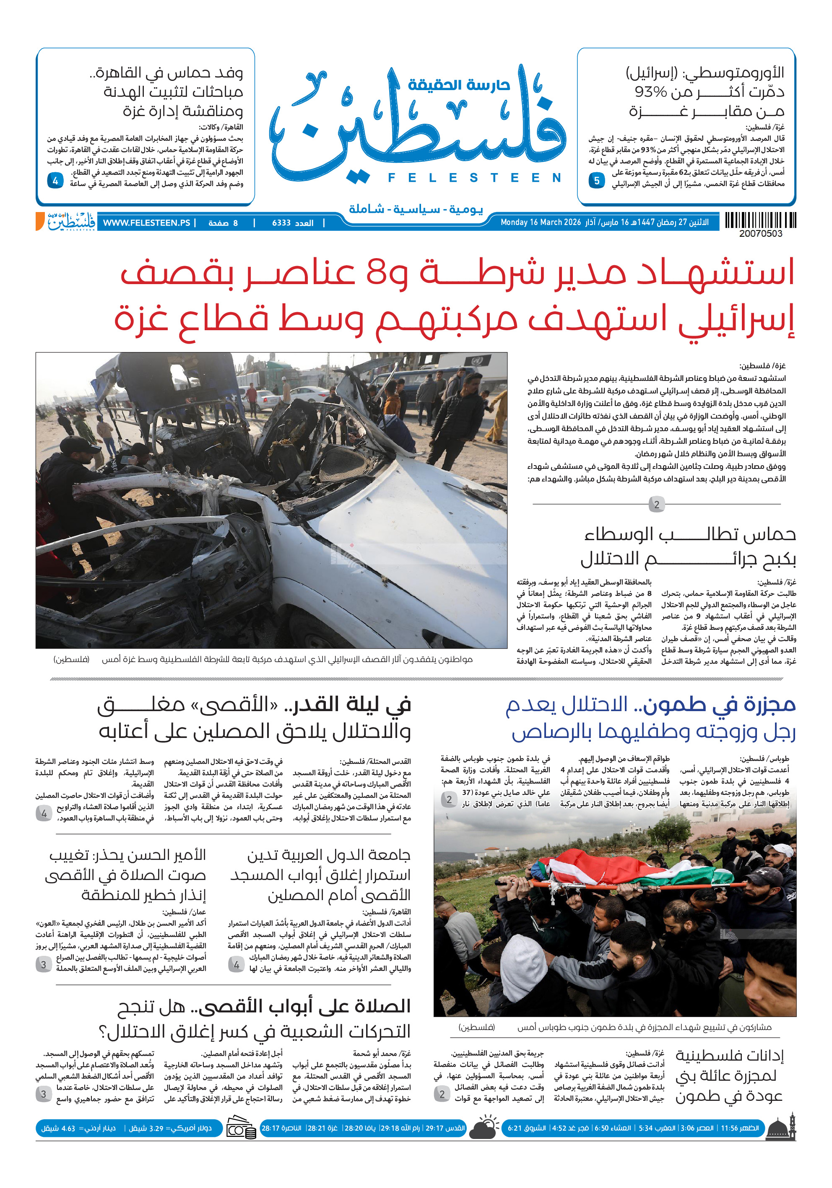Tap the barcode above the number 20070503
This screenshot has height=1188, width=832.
click(760, 220)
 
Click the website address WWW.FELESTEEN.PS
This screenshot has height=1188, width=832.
click(146, 223)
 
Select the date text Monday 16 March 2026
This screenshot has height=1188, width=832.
click(541, 223)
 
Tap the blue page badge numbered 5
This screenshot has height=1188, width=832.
click(596, 181)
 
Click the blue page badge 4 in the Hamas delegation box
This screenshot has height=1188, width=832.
click(55, 181)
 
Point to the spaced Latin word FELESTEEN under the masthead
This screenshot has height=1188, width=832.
click(474, 178)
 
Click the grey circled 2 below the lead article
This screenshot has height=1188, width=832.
click(656, 505)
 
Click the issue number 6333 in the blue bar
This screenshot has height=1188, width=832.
click(281, 223)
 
